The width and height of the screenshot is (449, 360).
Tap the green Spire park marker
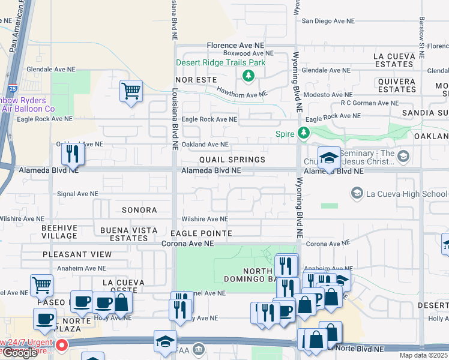(304, 133)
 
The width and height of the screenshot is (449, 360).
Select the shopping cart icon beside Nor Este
(131, 92)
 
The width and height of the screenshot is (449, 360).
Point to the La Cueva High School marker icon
(357, 193)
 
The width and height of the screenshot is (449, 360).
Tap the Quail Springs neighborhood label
(232, 160)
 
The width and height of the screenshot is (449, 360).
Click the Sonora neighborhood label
(139, 210)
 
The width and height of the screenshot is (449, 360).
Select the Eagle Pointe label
(201, 233)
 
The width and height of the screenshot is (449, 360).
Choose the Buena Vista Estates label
(124, 234)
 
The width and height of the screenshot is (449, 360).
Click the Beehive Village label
(59, 232)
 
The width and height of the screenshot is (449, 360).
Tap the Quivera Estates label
(397, 85)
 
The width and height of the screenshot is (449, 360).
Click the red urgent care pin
(61, 346)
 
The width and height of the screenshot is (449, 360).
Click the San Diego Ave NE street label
(328, 20)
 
